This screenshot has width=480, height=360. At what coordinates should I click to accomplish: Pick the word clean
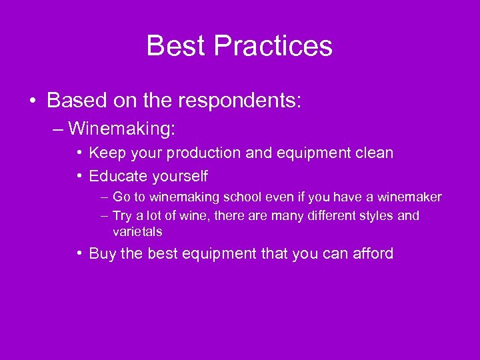[374, 153]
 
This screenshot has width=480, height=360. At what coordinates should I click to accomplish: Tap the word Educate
[119, 177]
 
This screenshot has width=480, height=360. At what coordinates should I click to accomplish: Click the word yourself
[180, 177]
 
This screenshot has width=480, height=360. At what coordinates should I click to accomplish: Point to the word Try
[123, 216]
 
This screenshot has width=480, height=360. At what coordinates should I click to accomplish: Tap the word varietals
[137, 232]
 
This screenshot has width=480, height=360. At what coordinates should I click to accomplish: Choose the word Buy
[101, 254]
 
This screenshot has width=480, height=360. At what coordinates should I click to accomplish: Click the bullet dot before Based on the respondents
[33, 101]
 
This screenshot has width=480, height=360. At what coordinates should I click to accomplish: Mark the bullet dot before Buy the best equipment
[79, 254]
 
